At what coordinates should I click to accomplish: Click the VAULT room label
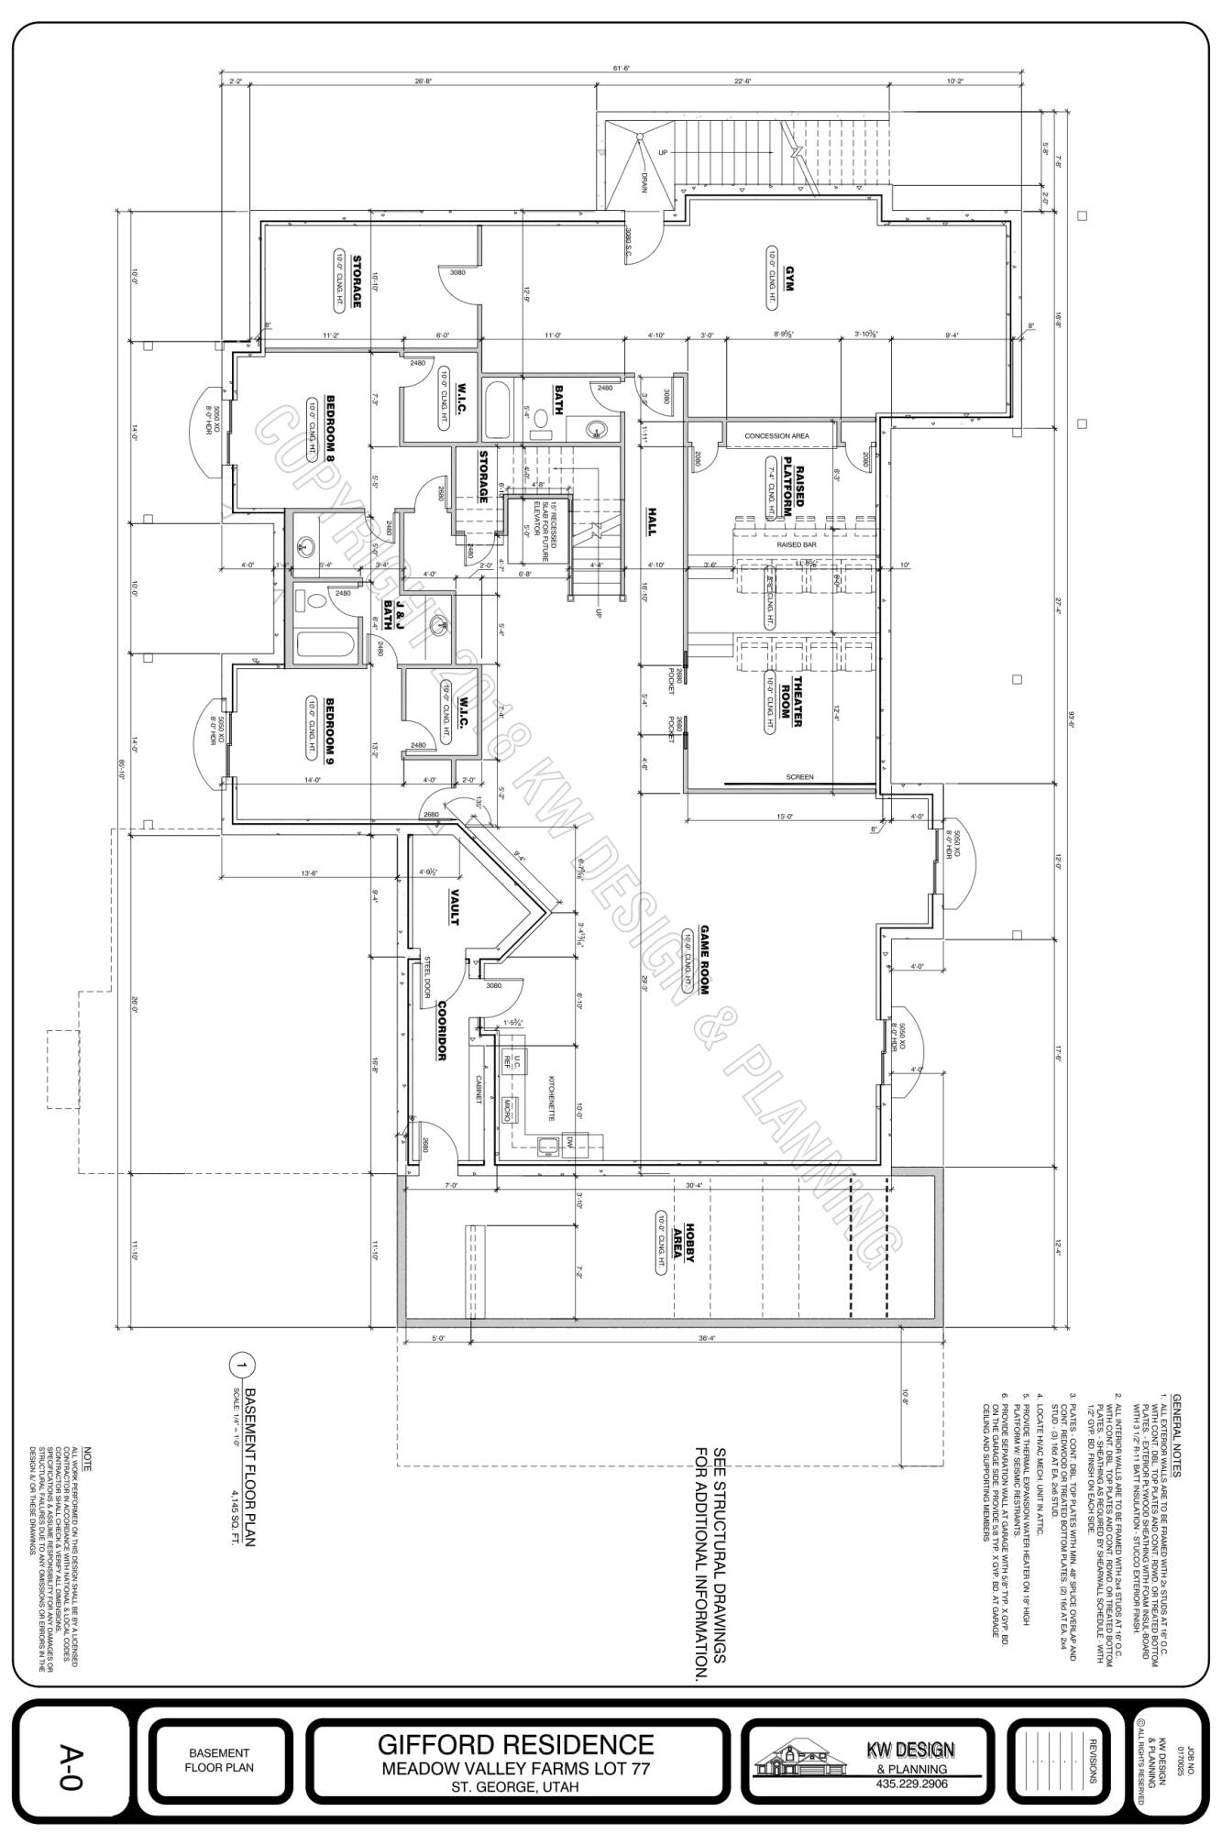[x=453, y=906]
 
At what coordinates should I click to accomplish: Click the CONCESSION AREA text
[x=776, y=436]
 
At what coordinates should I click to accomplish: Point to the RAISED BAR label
[x=795, y=544]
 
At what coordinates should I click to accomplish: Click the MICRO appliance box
[x=507, y=1109]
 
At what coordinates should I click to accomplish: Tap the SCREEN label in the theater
[x=799, y=777]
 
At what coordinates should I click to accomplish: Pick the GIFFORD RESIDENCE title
[x=516, y=1743]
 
